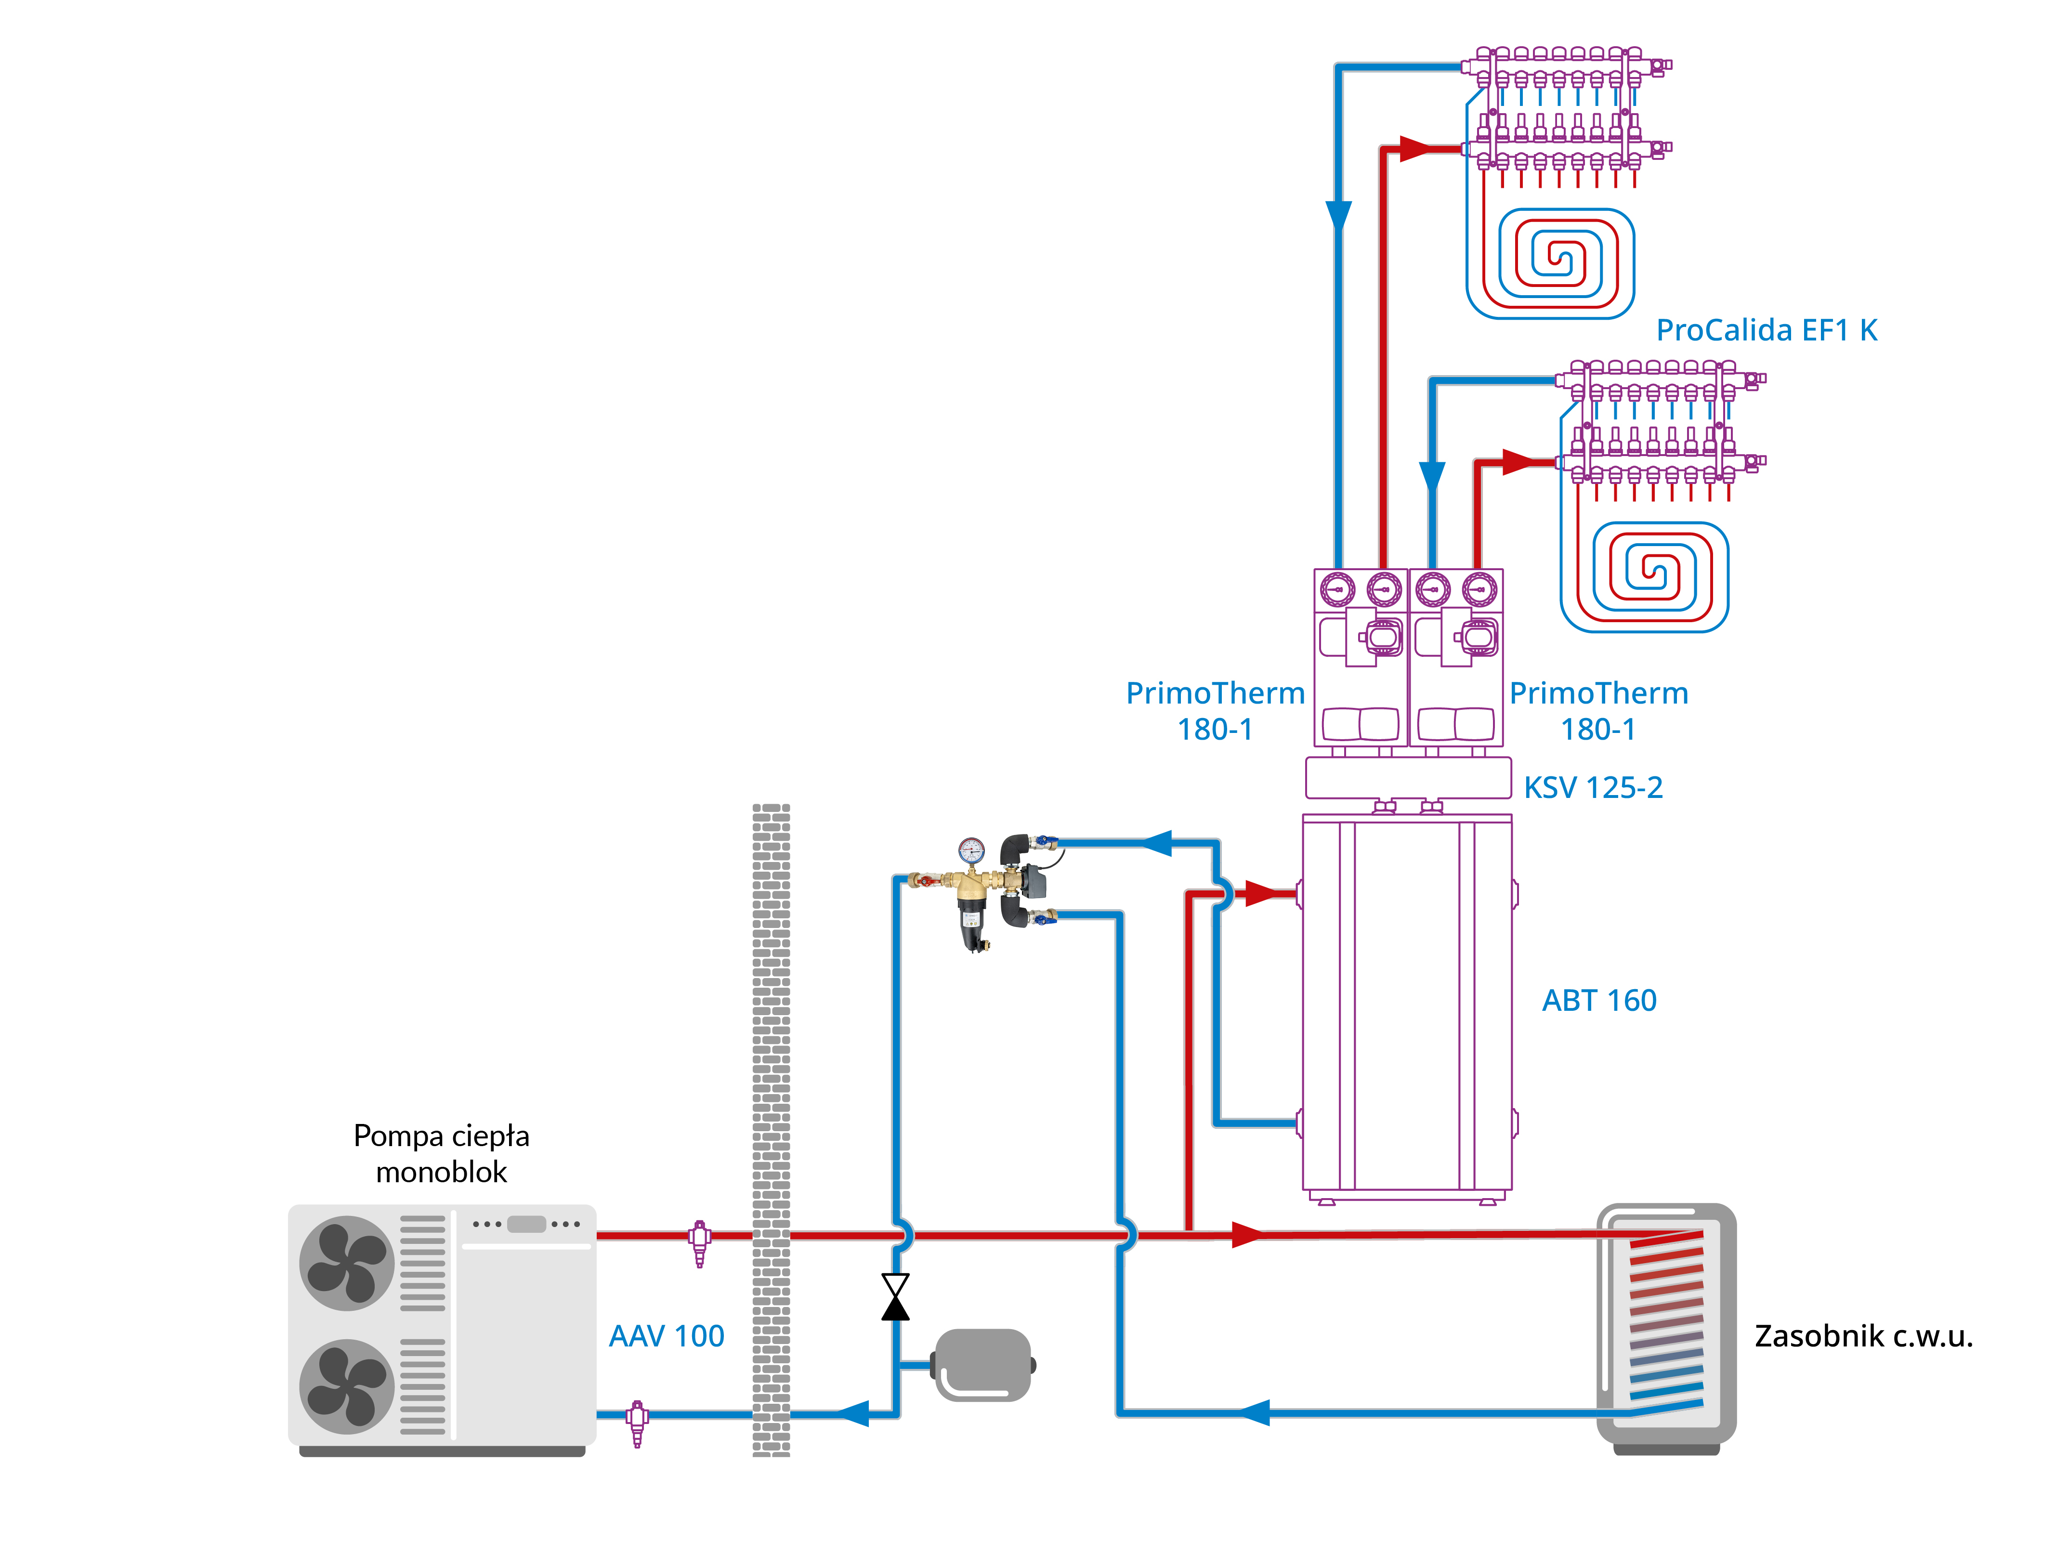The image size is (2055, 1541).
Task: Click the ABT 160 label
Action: tap(1599, 1000)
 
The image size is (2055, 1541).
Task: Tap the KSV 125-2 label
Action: tap(1592, 788)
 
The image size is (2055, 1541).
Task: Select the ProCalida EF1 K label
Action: tap(1766, 330)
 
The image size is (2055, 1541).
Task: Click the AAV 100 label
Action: tap(666, 1336)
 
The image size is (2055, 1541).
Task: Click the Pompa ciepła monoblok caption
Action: tap(441, 1154)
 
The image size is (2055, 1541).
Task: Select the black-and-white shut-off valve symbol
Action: tap(895, 1297)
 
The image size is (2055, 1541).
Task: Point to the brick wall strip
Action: tap(771, 1129)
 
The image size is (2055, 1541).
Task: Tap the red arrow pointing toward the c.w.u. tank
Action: tap(1247, 1234)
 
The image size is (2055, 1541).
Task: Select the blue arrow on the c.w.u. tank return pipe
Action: tap(1254, 1413)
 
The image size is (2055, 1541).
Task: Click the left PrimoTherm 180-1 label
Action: tap(1215, 711)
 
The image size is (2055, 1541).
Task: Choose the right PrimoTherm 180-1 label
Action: tap(1598, 711)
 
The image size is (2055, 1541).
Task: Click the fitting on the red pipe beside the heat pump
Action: tap(700, 1240)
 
